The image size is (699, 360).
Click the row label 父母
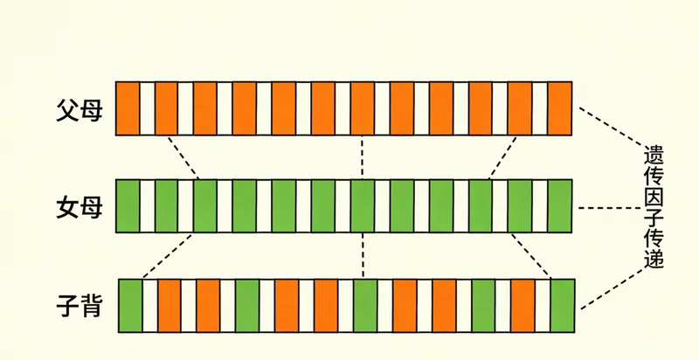point(79,110)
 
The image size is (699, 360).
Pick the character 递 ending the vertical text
point(654,260)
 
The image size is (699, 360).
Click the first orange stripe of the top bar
point(128,108)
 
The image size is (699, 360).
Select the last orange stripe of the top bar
point(560,108)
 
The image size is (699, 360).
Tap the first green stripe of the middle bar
point(128,206)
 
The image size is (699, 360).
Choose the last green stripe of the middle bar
point(560,206)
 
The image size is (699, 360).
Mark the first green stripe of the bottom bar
point(130,306)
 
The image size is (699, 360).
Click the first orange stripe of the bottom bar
point(169,306)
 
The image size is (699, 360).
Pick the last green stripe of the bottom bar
point(563,306)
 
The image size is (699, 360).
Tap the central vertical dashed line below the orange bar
point(362,157)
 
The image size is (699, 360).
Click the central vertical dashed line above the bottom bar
point(362,256)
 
